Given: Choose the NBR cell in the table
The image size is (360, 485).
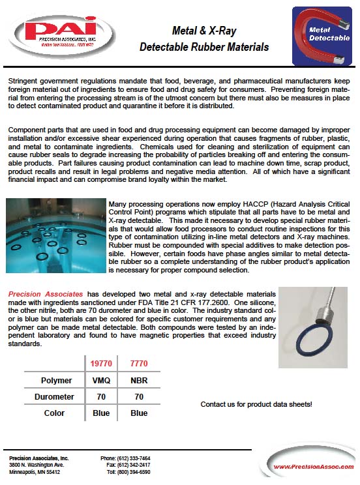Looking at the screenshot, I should coord(139,379).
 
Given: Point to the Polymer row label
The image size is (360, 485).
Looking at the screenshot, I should coord(56,379).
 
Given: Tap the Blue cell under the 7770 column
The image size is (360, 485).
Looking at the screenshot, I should coord(139,413).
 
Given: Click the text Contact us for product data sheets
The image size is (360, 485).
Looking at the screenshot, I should coord(256,404).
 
